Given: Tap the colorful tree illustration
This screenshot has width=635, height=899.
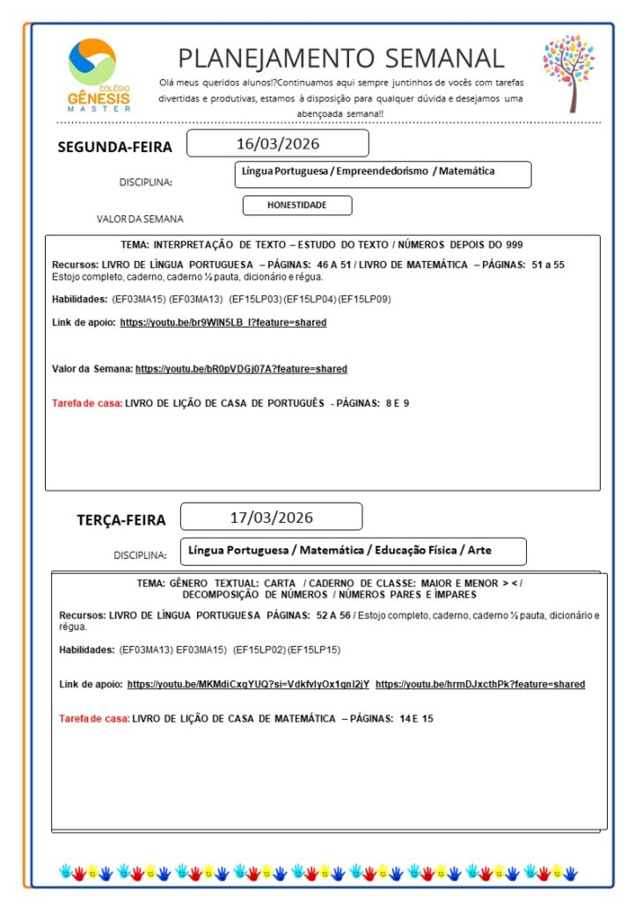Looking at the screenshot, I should (x=569, y=72).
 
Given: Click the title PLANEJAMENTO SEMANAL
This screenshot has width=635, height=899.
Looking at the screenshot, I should (x=341, y=58).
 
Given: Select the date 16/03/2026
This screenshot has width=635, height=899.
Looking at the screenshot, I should (x=278, y=143).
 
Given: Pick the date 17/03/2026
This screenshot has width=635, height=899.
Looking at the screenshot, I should (x=272, y=517).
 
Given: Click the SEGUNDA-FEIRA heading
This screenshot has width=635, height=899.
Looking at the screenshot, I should (x=114, y=148).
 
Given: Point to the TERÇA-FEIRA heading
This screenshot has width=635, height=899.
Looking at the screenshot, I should (x=120, y=520).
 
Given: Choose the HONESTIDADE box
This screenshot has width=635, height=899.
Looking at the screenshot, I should (x=297, y=205).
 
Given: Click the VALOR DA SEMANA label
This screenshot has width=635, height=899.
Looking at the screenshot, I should (x=140, y=219).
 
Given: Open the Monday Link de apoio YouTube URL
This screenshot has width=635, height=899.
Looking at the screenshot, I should (x=223, y=323).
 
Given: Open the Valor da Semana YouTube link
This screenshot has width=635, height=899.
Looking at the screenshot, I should (x=241, y=369).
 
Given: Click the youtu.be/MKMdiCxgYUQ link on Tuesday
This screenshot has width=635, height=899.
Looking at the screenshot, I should (x=248, y=684).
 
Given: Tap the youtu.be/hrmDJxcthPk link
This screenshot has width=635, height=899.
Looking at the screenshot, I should (x=479, y=684).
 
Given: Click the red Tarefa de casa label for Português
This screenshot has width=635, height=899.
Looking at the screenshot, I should (x=87, y=403).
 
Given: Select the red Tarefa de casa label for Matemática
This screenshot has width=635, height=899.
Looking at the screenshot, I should (x=94, y=719).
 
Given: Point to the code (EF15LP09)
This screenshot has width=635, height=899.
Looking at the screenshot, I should (x=365, y=299).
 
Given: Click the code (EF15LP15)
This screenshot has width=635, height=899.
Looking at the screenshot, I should (x=315, y=649).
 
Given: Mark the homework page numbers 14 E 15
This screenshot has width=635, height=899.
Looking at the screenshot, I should (x=416, y=719).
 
